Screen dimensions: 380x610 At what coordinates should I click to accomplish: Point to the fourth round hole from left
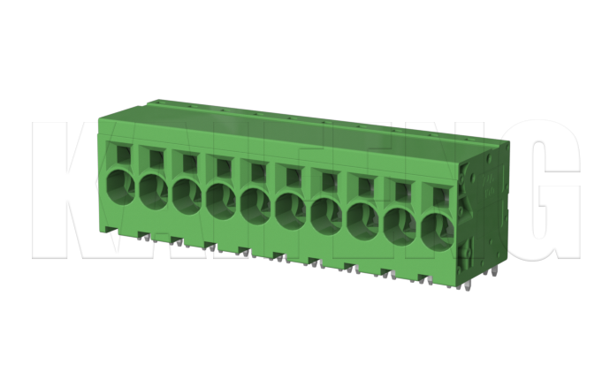click(220, 199)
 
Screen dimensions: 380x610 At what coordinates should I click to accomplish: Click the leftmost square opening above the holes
click(121, 152)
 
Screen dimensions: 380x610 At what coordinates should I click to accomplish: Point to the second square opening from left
click(155, 156)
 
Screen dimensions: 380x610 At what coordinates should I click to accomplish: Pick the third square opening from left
click(188, 161)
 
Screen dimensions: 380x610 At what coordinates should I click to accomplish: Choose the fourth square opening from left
click(222, 165)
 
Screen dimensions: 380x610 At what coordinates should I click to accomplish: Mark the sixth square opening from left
click(291, 174)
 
